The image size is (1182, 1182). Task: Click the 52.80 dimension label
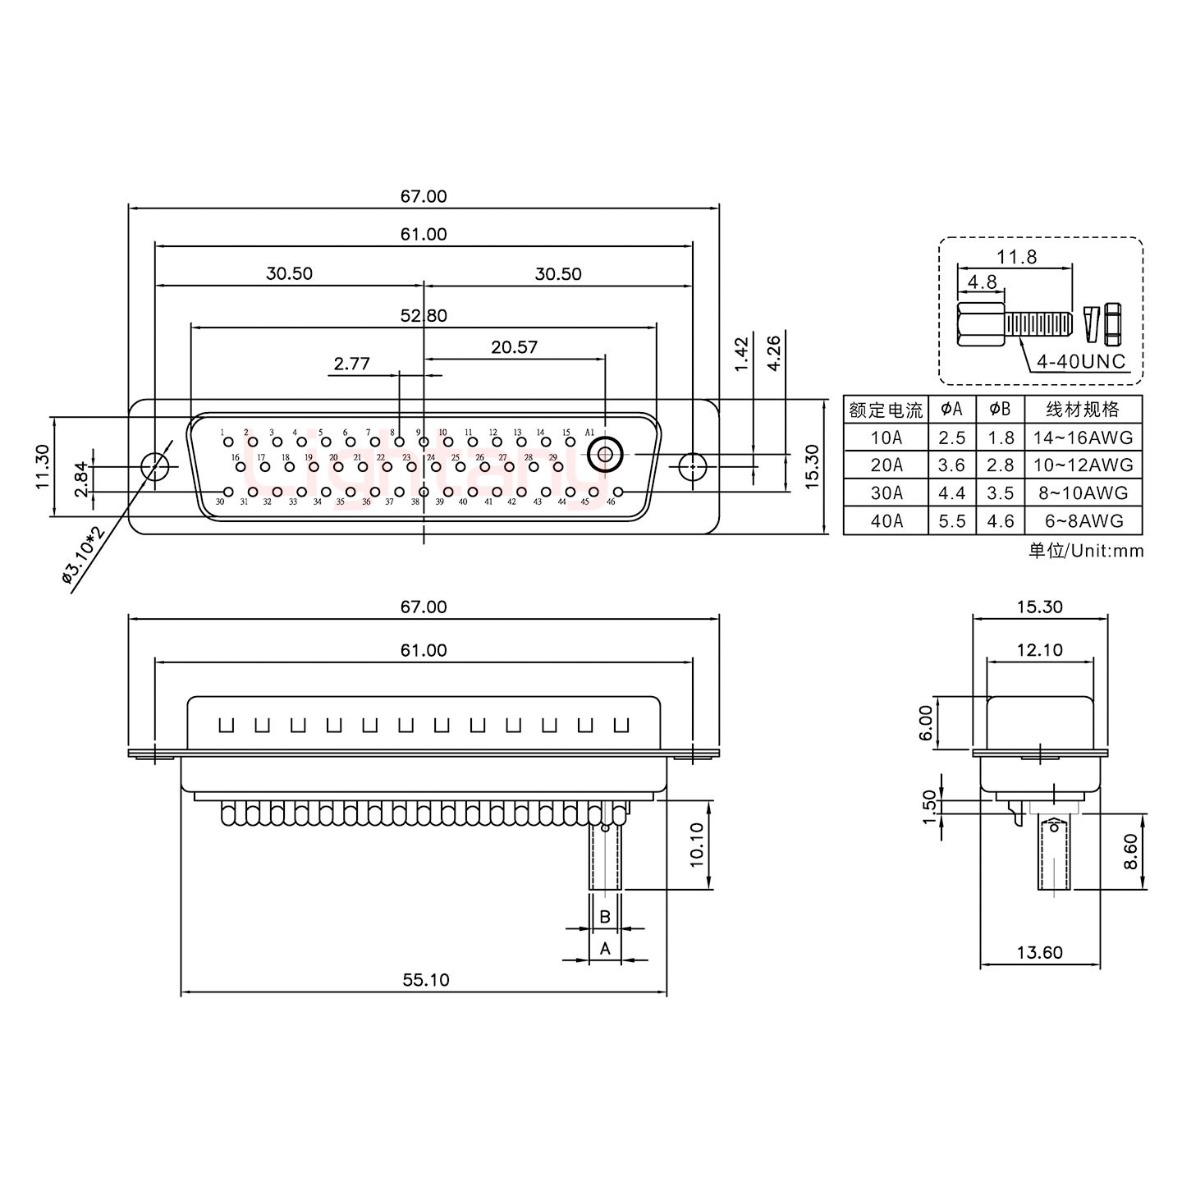(424, 316)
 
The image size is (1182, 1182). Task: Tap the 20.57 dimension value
(515, 346)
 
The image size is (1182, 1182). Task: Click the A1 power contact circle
(605, 453)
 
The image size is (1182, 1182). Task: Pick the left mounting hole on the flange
(153, 466)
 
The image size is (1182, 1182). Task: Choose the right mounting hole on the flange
(693, 466)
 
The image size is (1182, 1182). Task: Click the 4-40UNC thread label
(1081, 361)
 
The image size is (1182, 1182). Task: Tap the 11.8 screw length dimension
(1016, 257)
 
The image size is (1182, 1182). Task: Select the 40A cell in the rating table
(886, 521)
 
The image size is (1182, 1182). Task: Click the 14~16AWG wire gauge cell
(1083, 438)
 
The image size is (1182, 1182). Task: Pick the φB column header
(1000, 409)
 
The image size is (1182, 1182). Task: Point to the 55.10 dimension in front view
(426, 980)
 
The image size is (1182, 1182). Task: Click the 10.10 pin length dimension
(697, 845)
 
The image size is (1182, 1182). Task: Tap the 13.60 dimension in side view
(1039, 952)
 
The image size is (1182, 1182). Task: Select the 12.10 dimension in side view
(1039, 650)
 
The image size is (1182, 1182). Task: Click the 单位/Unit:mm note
(1085, 551)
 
